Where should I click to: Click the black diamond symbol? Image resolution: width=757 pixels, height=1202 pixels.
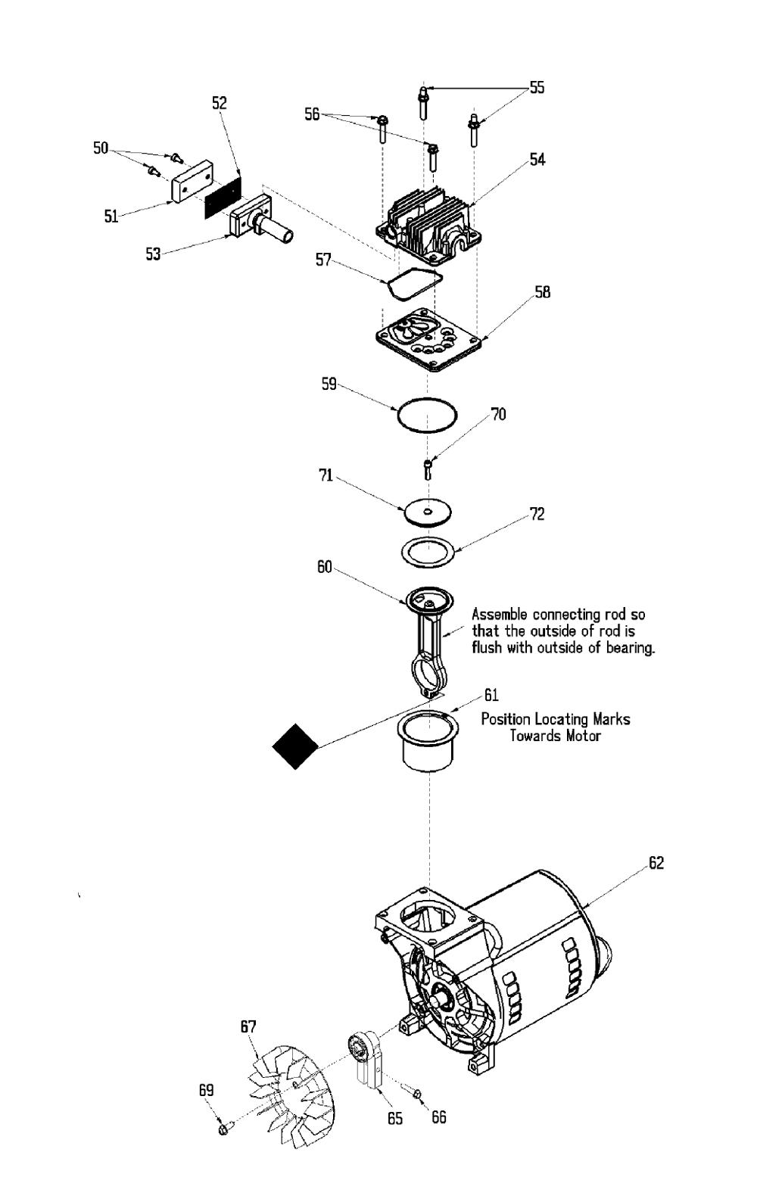click(x=295, y=746)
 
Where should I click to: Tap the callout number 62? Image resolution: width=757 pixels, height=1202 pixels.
click(x=656, y=862)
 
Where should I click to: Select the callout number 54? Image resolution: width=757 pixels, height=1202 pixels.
click(x=537, y=160)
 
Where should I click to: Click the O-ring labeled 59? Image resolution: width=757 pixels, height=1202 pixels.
click(x=427, y=399)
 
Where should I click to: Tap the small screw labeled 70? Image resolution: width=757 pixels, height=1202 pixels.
click(x=428, y=469)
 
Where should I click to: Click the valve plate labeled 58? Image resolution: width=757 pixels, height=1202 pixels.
click(x=426, y=340)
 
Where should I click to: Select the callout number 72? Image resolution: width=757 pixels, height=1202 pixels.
click(x=537, y=514)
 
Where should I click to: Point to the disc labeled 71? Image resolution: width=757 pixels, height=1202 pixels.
click(x=427, y=512)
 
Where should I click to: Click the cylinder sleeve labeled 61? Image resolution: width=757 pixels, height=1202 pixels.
click(x=428, y=740)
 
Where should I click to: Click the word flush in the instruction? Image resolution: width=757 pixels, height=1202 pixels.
click(x=488, y=647)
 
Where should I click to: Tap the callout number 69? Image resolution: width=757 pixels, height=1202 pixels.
click(x=206, y=1091)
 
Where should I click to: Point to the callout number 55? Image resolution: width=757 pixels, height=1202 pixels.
click(x=537, y=87)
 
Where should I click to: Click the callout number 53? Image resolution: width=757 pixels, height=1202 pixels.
click(x=153, y=254)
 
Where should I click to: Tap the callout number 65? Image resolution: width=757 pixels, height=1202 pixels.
click(x=394, y=1118)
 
